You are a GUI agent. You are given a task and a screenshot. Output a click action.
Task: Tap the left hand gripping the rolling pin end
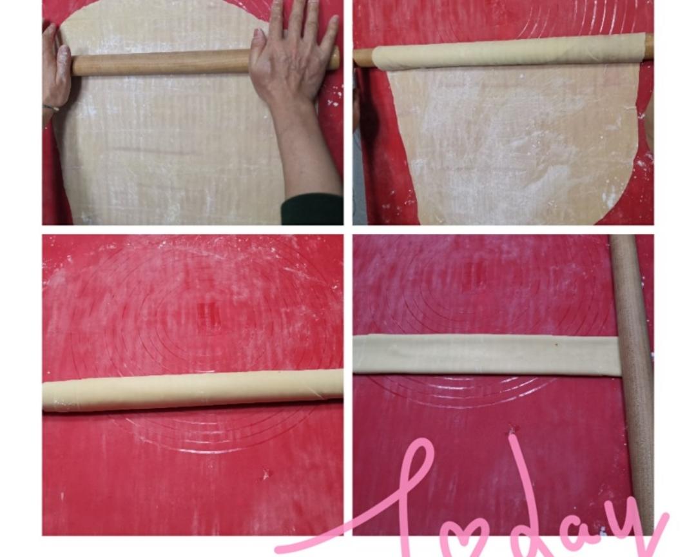[x=55, y=71]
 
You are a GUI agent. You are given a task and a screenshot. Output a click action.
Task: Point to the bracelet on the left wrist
[x=52, y=108]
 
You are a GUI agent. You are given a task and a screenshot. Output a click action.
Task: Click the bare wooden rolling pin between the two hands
[x=160, y=62]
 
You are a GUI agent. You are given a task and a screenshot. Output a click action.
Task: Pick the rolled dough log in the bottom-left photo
[x=193, y=390]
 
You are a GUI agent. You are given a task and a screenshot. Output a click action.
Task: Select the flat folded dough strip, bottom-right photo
[x=486, y=355]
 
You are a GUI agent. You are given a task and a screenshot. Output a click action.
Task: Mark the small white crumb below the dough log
[x=266, y=475]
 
